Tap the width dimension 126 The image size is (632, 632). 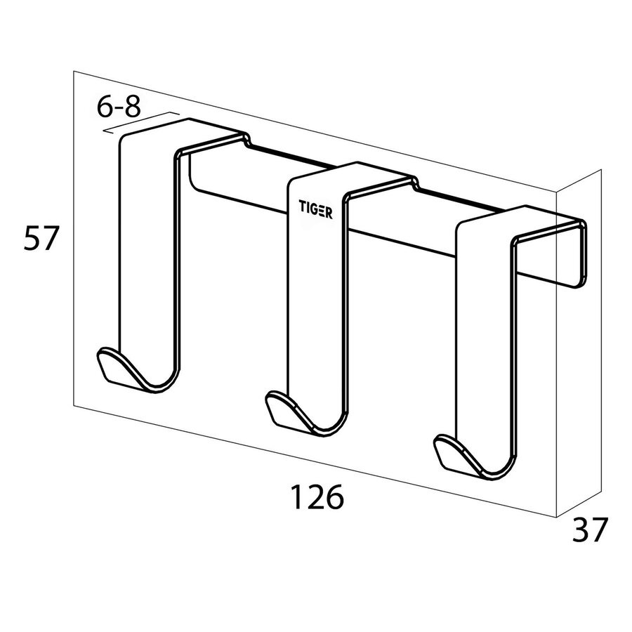317,498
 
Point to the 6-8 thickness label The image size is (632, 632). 119,107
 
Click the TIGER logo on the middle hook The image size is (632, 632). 317,209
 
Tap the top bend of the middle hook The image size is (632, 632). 351,176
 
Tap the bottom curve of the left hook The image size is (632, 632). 158,383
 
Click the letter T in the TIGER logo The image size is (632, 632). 303,208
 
